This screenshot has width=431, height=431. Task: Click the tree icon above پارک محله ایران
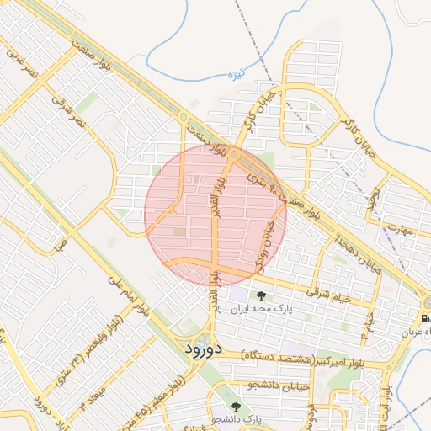261,295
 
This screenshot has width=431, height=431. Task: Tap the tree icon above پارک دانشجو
235,407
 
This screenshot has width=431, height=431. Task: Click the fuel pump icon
426,319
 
